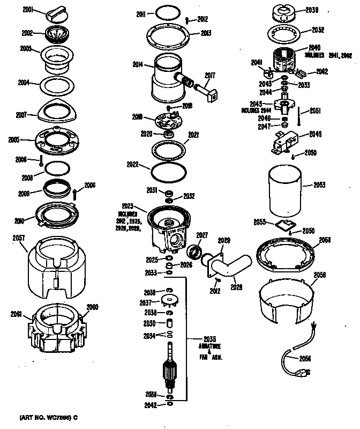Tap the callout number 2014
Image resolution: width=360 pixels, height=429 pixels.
[138, 64]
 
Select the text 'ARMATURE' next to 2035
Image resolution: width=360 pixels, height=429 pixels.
[211, 346]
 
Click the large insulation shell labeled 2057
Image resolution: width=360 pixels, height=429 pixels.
[56, 268]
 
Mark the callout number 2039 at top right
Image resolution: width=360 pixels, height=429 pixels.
[311, 10]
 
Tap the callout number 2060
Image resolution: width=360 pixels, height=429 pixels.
[93, 307]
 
